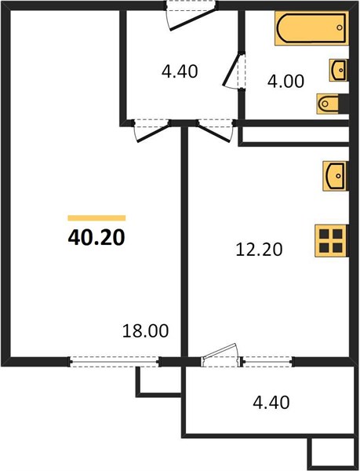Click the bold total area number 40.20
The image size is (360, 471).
coord(96,238)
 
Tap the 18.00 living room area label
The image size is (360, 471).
coord(146,330)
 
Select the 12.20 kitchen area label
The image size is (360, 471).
coord(259,250)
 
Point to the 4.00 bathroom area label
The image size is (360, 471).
coord(285,81)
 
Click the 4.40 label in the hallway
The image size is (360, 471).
coord(180,71)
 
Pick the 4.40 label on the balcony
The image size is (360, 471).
coord(271,402)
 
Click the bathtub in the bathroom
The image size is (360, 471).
coord(312,28)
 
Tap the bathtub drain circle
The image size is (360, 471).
coord(340,27)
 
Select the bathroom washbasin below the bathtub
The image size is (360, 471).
coord(339,71)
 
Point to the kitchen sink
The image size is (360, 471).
coord(336,176)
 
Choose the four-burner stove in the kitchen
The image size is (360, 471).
coord(332,241)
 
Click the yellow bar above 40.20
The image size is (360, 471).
coord(96,218)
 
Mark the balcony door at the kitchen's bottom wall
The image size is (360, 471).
coord(221,355)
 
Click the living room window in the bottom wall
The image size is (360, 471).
coord(115,362)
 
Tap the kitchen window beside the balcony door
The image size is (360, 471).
coord(267,362)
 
